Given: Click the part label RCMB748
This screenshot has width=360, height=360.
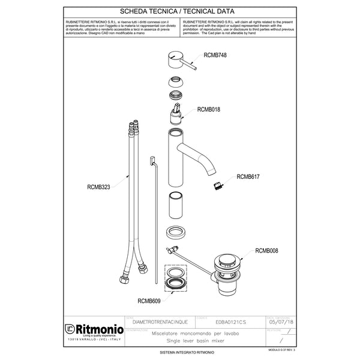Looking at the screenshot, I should coord(215,55).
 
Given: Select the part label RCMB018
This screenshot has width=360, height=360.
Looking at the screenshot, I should coord(209,110).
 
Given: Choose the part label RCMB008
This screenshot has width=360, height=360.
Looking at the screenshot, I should coord(266,251).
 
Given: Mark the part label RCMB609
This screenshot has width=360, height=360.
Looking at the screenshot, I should coord(150,301).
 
